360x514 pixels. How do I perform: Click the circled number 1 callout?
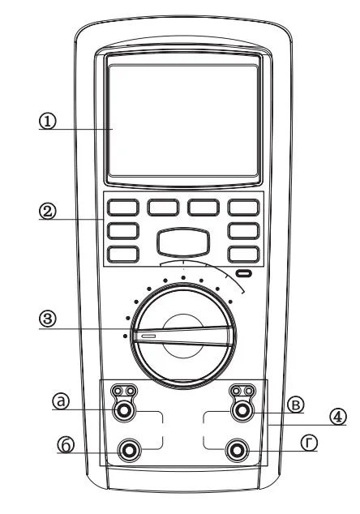48,122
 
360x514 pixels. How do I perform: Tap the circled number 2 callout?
48,211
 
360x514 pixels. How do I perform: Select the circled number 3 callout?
48,319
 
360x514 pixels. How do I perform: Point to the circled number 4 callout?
337,417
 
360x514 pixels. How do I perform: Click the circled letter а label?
61,401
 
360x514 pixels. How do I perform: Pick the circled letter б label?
66,444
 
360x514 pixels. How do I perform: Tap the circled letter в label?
296,405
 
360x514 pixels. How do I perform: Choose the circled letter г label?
309,443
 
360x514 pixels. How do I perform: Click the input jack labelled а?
124,409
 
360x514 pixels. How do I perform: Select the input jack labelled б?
130,450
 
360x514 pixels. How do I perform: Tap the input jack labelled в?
242,410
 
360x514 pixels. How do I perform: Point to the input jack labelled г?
237,450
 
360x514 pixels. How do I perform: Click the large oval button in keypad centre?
183,242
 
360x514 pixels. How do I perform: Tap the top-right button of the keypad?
244,208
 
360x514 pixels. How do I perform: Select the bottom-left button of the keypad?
123,254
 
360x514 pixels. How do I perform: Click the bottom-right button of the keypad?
244,254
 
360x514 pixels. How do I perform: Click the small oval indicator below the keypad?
243,272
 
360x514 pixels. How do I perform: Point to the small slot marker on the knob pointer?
148,336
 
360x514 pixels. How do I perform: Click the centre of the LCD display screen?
183,121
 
